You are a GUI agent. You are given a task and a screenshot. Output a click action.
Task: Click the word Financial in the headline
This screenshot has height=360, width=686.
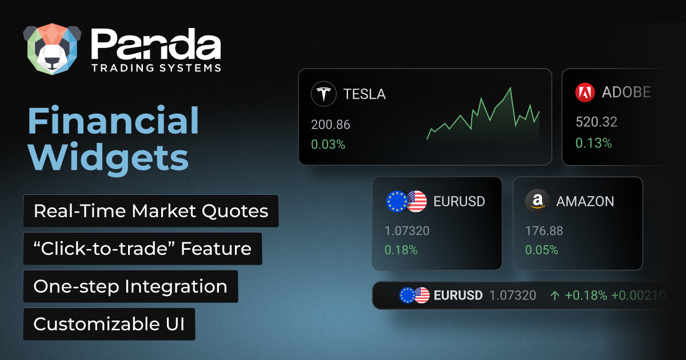113,122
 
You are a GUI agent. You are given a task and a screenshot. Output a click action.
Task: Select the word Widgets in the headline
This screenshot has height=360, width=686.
109,157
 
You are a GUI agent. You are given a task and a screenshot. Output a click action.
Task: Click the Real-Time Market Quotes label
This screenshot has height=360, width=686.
151,211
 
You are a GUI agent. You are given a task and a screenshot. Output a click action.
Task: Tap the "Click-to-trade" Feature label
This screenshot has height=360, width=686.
142,249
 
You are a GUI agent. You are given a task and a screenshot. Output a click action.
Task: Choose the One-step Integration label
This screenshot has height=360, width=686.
130,286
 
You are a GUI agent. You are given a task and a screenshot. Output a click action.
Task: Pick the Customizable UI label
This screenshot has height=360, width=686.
109,324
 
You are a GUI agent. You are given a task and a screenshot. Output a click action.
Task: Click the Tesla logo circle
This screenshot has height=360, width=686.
324,94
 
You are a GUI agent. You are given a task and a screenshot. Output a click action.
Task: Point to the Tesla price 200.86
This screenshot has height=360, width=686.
330,125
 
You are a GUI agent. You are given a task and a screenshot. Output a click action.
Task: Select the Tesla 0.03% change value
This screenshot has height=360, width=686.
328,145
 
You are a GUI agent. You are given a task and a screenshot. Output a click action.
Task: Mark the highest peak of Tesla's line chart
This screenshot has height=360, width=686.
510,88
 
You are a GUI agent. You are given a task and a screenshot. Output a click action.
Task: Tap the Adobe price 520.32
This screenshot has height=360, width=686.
596,122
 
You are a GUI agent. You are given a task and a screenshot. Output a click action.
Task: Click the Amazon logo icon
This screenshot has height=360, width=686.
537,201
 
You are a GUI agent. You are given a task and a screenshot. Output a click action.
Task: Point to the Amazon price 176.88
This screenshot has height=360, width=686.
544,231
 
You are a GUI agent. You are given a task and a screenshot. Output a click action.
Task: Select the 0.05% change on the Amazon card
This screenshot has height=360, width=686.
542,250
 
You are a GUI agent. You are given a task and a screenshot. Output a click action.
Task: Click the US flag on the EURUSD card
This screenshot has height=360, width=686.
417,201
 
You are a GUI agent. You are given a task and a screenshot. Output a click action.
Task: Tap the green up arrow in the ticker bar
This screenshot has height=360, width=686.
554,295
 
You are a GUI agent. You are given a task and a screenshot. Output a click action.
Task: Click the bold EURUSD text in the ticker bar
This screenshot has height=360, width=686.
458,295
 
